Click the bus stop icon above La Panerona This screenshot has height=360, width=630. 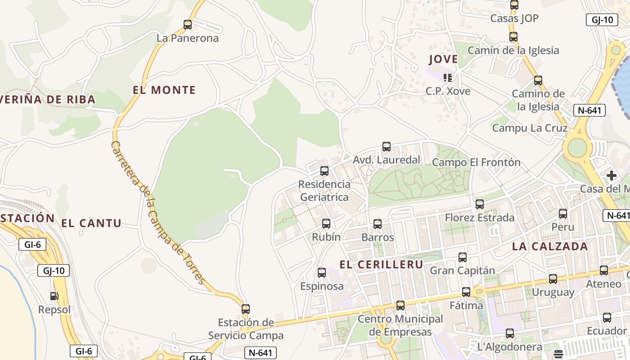188,25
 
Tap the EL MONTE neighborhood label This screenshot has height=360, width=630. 164,90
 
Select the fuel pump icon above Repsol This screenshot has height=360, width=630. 54,296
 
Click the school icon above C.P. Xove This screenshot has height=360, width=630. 448,78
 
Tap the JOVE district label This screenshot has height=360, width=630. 443,59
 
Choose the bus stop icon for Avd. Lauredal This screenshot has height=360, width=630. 387,147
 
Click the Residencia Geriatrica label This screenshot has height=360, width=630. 324,190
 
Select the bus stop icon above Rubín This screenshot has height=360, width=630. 326,223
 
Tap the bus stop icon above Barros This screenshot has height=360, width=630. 378,224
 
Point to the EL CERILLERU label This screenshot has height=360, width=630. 382,265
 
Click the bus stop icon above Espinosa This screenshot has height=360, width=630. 322,272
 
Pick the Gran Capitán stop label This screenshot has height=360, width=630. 463,270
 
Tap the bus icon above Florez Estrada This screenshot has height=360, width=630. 480,204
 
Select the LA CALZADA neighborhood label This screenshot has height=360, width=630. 550,246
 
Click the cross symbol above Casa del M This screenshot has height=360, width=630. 611,175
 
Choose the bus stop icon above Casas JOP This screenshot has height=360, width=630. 514,5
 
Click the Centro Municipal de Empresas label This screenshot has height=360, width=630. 400,325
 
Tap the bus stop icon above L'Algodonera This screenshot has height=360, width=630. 510,333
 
